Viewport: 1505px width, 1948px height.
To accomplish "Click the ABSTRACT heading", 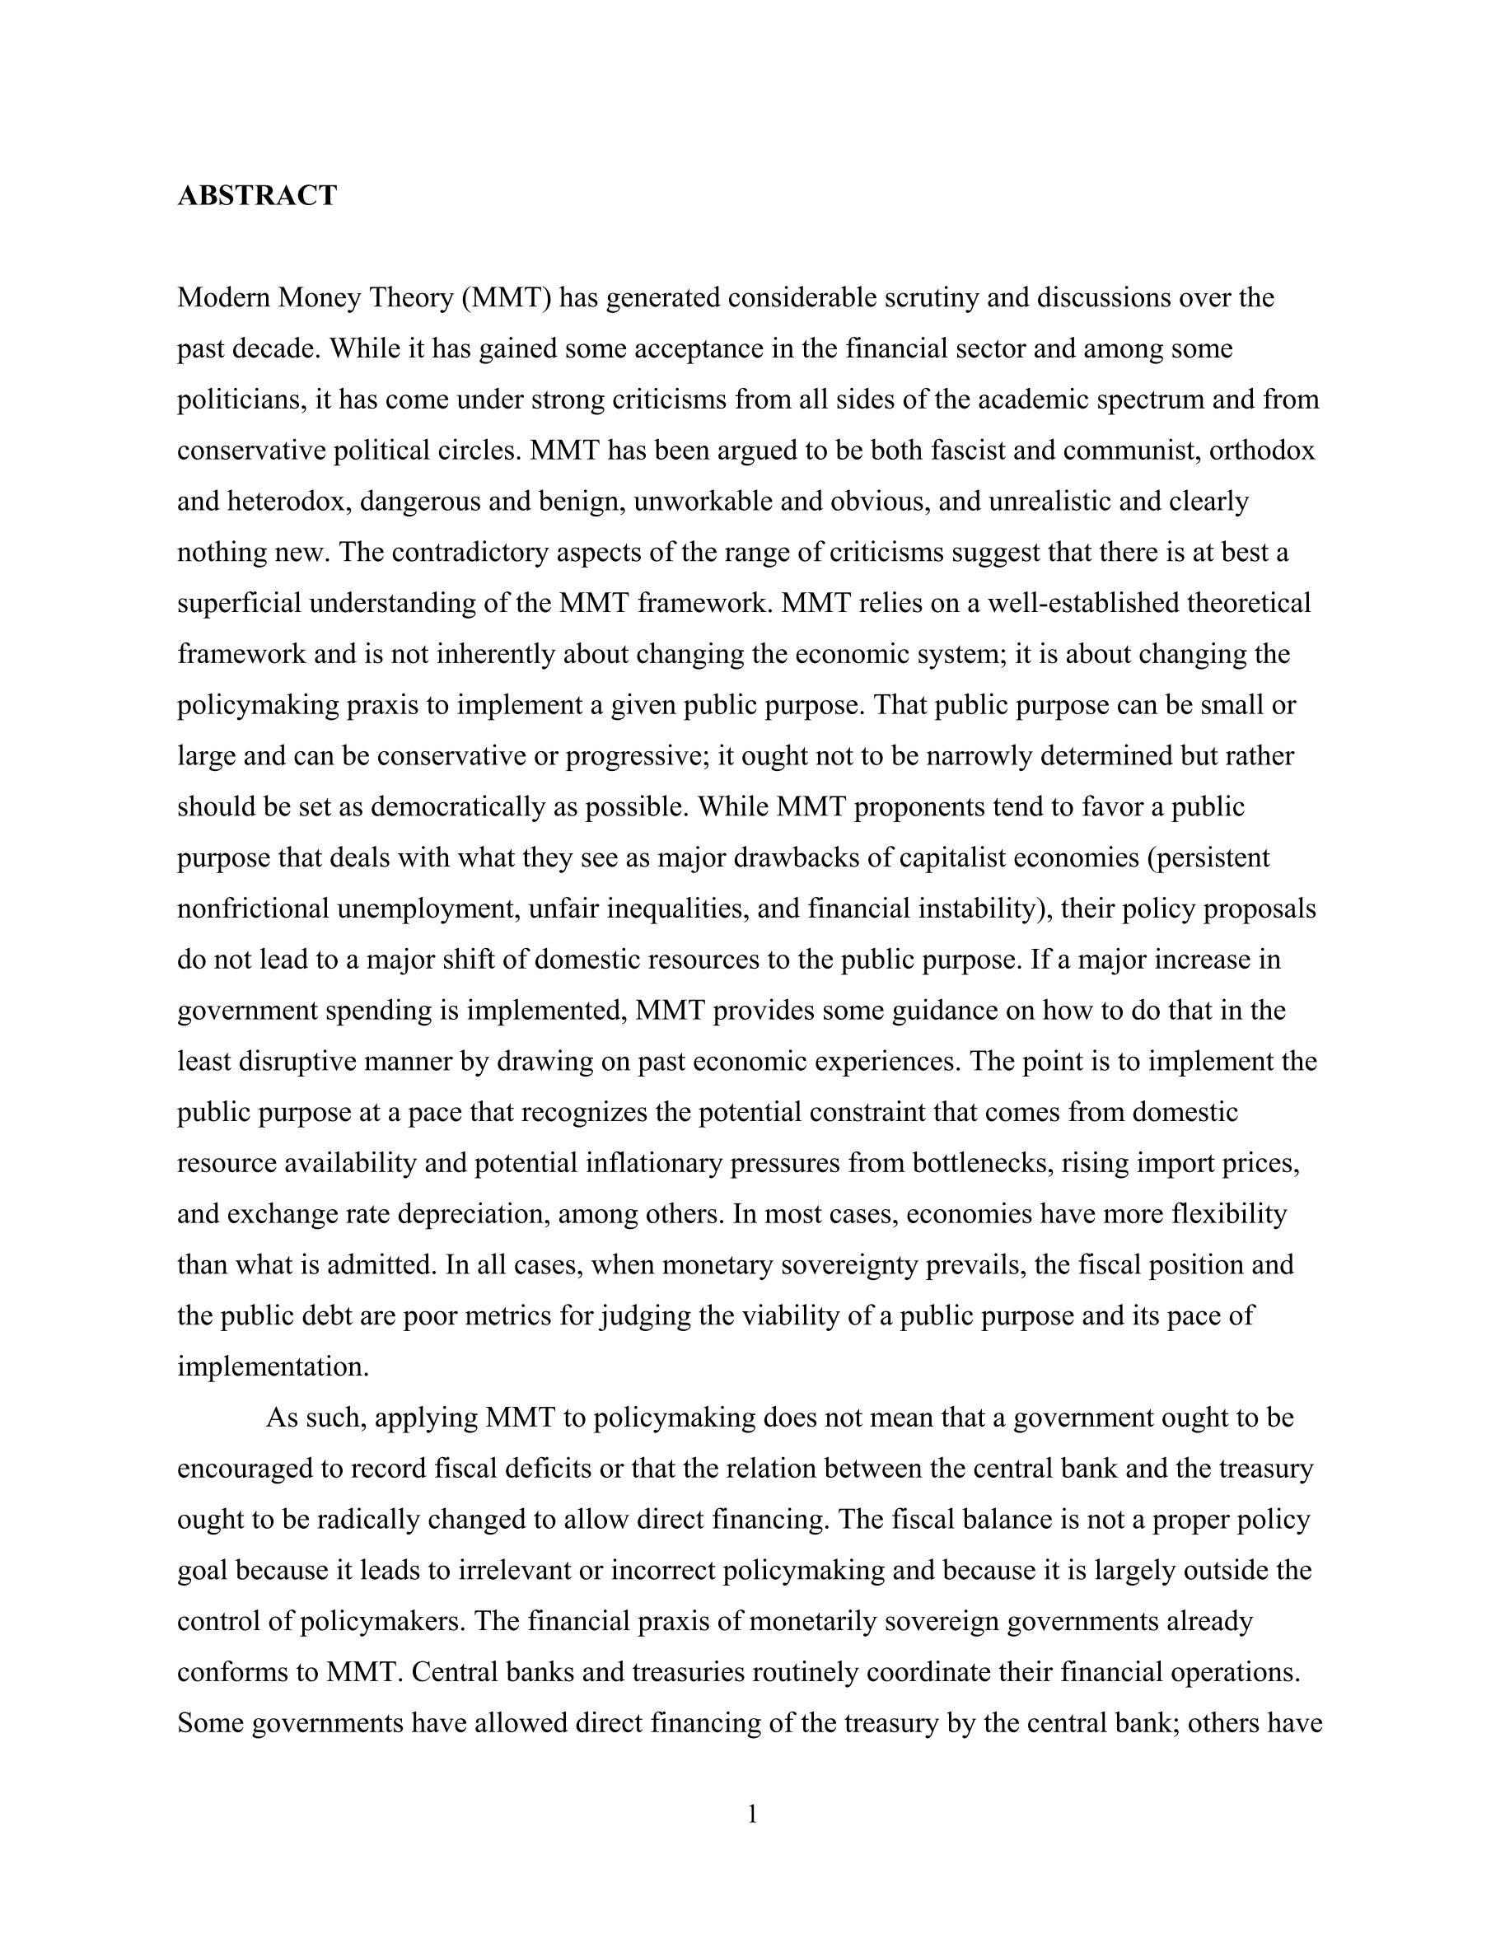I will coord(257,195).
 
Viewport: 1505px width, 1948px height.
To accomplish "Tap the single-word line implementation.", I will coord(273,1367).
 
